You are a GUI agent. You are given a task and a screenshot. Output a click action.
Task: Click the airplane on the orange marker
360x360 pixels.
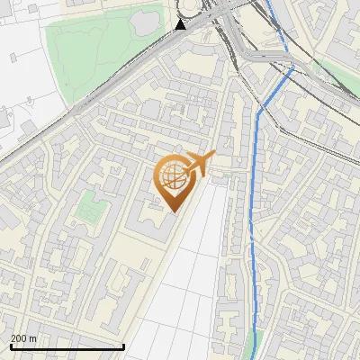click(200, 163)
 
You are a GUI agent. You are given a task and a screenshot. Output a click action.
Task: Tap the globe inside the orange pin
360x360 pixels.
click(173, 175)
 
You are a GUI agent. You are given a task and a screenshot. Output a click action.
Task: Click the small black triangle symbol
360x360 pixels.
click(181, 24)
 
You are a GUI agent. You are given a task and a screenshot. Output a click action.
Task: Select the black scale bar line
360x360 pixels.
click(67, 347)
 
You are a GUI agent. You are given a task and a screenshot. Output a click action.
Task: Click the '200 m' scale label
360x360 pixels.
click(24, 338)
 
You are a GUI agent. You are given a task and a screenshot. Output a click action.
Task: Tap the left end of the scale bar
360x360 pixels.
click(11, 347)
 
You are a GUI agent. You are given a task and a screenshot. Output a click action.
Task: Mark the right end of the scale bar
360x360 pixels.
click(123, 347)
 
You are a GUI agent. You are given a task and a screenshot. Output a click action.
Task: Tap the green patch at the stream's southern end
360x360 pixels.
click(255, 346)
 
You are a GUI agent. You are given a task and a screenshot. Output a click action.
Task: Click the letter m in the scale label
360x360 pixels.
click(32, 338)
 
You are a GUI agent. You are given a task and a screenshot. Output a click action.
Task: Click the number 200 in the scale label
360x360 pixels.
click(20, 338)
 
